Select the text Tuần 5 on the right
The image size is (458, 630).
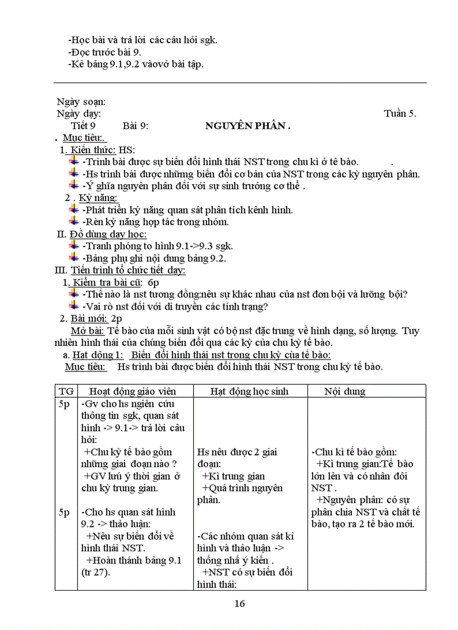tap(400, 114)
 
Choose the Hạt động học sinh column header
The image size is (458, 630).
tap(248, 392)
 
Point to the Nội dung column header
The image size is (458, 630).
tap(345, 392)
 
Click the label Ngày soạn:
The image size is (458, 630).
tap(81, 102)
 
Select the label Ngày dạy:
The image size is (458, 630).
tap(79, 114)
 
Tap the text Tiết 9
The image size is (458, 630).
tap(84, 126)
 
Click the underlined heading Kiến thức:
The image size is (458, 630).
tap(90, 150)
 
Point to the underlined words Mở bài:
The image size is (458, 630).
tap(88, 330)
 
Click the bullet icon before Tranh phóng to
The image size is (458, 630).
tap(74, 245)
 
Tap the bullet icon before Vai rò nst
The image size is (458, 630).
tap(74, 306)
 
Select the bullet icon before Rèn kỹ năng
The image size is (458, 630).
tap(74, 222)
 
